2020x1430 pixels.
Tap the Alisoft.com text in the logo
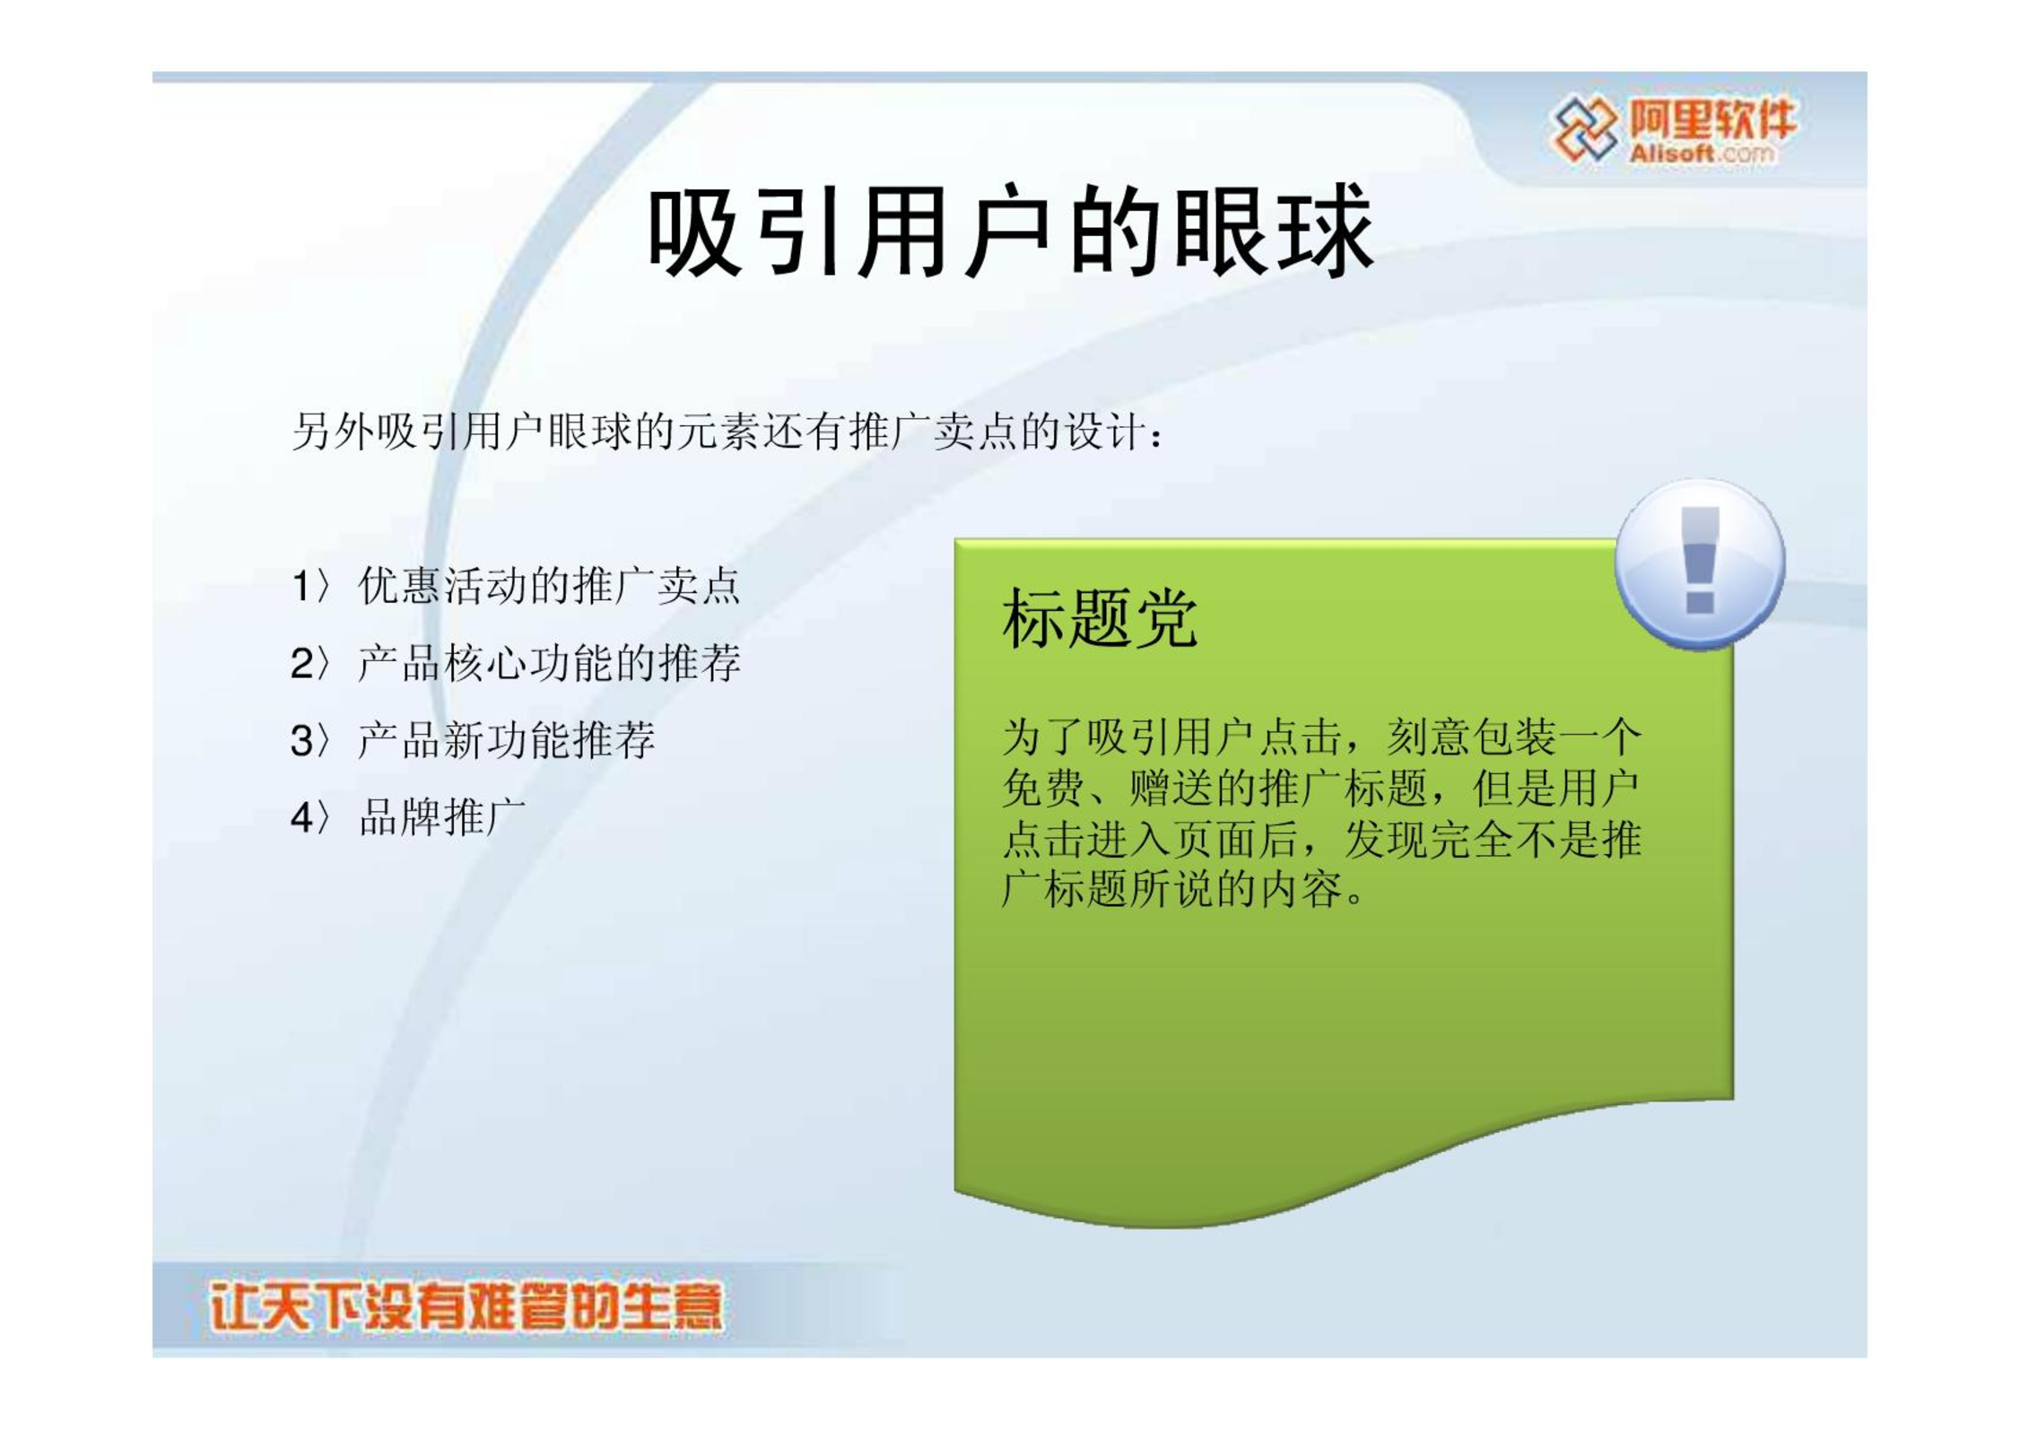1702,153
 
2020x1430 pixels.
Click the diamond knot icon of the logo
1585,129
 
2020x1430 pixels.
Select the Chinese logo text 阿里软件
1712,119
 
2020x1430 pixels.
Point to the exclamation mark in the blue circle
1700,560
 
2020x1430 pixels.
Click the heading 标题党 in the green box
1100,618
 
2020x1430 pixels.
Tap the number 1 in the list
301,587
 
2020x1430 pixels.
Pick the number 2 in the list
302,664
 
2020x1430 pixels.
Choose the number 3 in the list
302,741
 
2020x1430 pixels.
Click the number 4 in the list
302,818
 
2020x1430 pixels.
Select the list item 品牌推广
442,817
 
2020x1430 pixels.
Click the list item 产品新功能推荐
507,740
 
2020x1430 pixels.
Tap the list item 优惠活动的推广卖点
550,586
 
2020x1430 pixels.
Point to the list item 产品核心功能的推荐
550,663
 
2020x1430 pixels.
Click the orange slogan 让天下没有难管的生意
466,1307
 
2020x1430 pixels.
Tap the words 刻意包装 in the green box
1472,737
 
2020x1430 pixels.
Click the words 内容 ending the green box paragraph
1302,889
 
